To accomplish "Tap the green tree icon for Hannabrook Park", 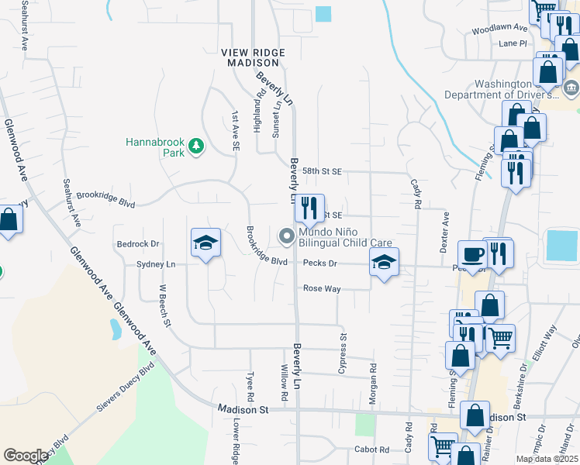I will (197, 146).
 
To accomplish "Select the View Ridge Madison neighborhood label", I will (254, 57).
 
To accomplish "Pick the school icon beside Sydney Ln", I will (205, 243).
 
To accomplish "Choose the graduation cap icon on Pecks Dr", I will (383, 263).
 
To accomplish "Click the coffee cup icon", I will (472, 254).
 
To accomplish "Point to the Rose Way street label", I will (322, 288).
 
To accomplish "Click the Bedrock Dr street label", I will (137, 244).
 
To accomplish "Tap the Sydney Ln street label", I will (156, 264).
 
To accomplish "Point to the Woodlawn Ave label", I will (499, 30).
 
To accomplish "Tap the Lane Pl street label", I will (513, 43).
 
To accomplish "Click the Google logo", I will (26, 456).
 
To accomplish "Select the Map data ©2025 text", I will (546, 459).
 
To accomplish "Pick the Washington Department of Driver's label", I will (501, 90).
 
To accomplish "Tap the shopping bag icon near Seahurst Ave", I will (9, 220).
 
